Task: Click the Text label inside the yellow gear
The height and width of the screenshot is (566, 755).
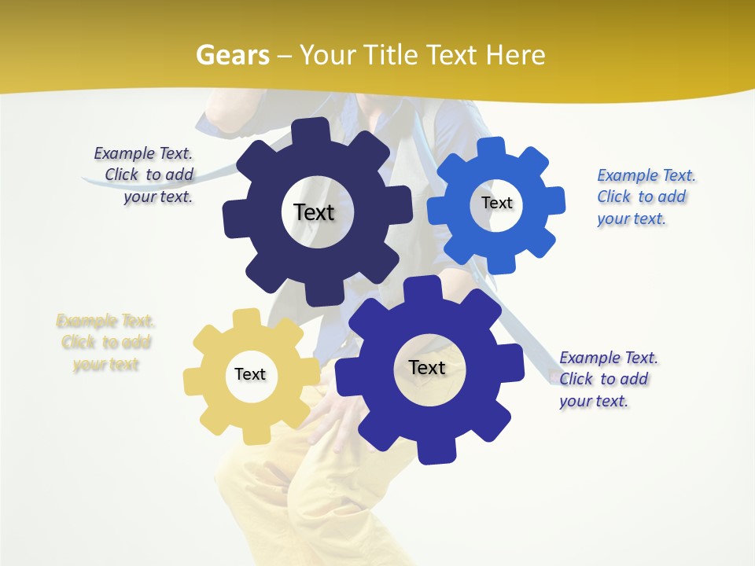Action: click(x=250, y=374)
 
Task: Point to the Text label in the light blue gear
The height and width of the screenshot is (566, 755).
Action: click(x=497, y=203)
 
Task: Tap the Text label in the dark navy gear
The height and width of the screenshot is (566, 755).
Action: click(x=314, y=212)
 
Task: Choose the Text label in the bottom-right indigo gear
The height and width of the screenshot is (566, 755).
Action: click(x=427, y=367)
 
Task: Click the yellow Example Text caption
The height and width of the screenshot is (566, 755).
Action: click(x=105, y=343)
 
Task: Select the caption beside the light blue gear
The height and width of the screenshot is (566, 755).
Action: click(x=645, y=197)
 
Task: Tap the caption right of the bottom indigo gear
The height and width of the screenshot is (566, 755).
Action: click(x=607, y=379)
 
